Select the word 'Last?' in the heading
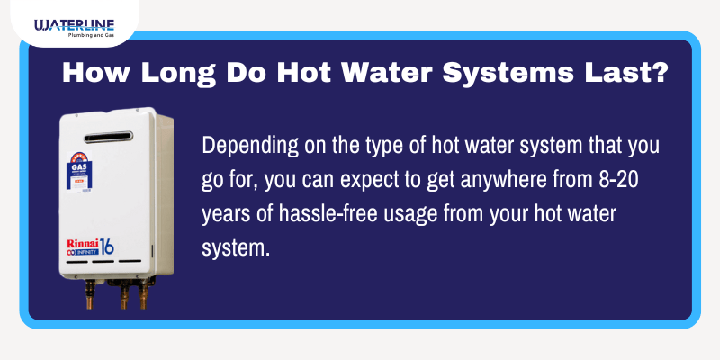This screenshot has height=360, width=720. [x=629, y=74]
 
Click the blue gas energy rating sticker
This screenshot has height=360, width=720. [x=77, y=173]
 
